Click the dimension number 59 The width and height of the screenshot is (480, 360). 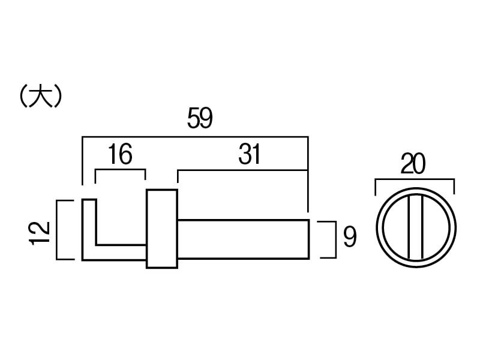200,118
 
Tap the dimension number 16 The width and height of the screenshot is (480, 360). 121,154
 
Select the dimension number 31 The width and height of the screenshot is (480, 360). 250,154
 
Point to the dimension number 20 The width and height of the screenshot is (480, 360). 413,164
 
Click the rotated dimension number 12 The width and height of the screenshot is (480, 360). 40,233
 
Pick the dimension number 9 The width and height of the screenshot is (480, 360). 350,237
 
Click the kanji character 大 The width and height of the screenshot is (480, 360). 41,96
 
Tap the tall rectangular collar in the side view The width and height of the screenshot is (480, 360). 162,229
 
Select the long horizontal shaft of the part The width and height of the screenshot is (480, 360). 244,239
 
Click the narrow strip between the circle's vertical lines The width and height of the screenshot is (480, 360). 415,227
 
